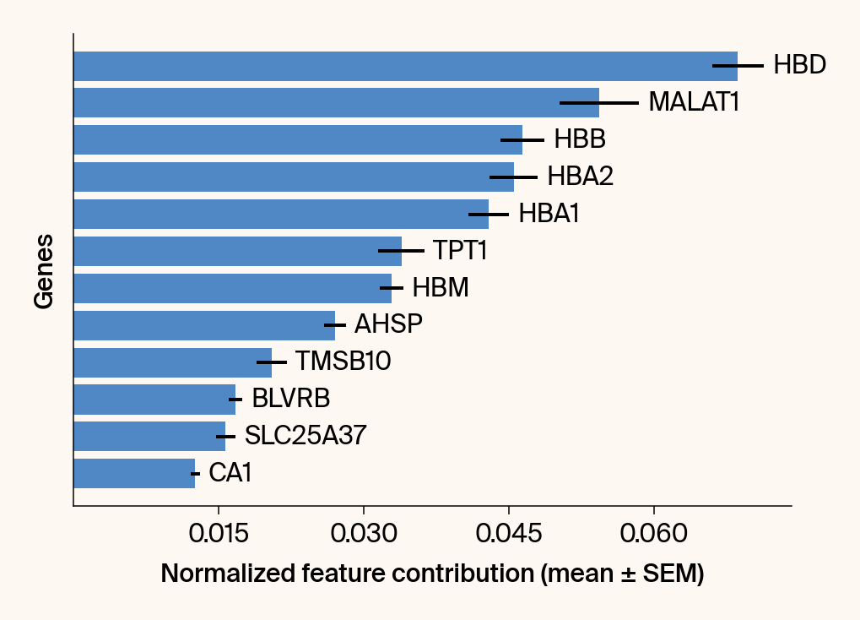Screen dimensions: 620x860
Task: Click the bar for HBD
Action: (x=405, y=66)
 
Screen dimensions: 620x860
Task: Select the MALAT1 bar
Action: (x=336, y=103)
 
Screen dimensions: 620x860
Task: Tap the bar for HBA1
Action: (x=281, y=215)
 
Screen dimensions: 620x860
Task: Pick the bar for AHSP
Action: (x=204, y=325)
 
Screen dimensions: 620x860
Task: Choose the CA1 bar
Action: (x=134, y=473)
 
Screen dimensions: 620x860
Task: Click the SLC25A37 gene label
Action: (x=306, y=436)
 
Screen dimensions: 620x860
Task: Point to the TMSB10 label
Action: (x=343, y=362)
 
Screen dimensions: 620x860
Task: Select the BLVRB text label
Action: (x=290, y=399)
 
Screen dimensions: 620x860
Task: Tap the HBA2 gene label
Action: (x=580, y=177)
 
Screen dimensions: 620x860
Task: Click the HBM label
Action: (x=441, y=288)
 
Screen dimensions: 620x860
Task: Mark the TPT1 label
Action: (x=460, y=251)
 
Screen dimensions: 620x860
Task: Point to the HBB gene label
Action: (x=580, y=139)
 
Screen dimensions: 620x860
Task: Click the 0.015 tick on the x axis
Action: (x=219, y=535)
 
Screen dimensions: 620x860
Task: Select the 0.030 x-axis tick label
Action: (x=364, y=535)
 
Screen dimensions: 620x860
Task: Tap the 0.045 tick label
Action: (x=509, y=535)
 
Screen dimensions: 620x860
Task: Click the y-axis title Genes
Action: (x=44, y=271)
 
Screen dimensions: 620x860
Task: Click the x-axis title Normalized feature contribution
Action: (x=432, y=574)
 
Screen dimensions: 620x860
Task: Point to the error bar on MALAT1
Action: (x=599, y=103)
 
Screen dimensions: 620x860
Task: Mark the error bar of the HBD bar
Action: (x=738, y=66)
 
